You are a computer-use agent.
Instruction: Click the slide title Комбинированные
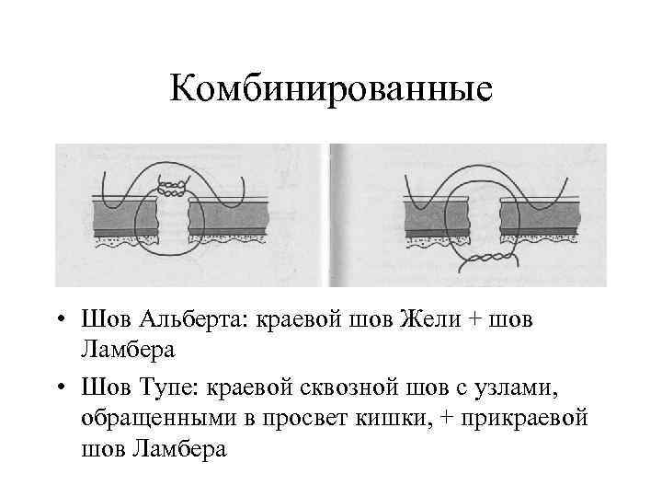331,91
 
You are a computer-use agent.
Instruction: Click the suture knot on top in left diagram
170,187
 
